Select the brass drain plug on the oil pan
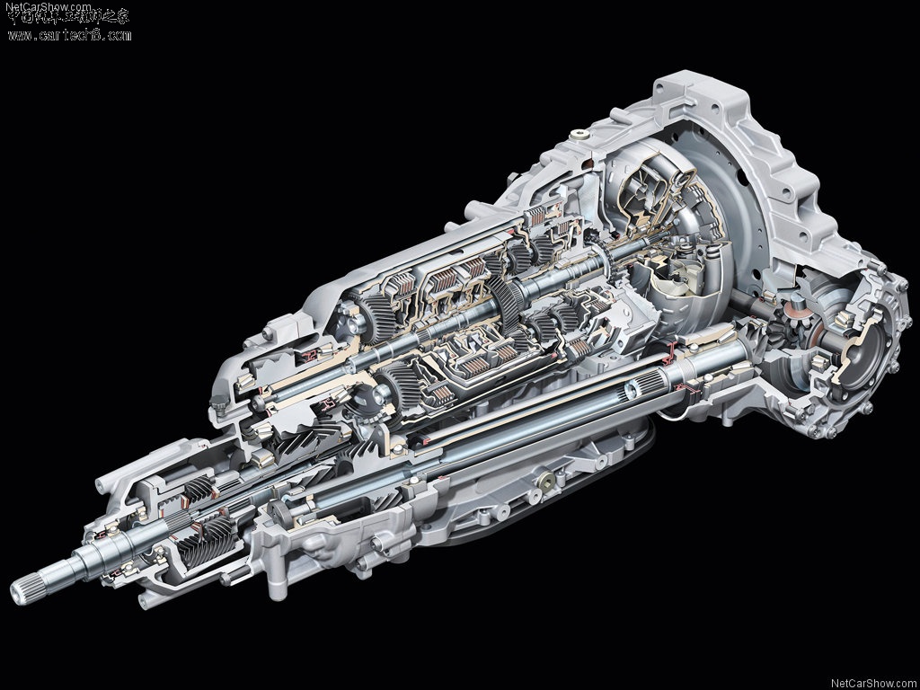[544, 483]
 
